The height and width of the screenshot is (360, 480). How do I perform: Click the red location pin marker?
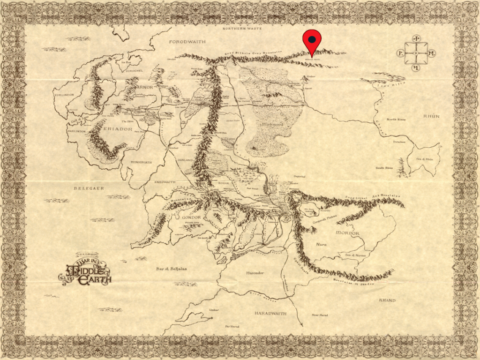click(312, 41)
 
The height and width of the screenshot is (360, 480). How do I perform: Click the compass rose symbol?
click(416, 53)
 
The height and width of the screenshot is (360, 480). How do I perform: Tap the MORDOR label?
click(347, 233)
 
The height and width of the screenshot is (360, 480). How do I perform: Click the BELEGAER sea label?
click(89, 188)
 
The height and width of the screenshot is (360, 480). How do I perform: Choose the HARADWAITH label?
click(270, 313)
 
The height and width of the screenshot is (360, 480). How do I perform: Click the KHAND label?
click(387, 300)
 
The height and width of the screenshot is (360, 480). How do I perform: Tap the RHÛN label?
click(431, 116)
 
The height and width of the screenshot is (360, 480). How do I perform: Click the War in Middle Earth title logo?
click(85, 270)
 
